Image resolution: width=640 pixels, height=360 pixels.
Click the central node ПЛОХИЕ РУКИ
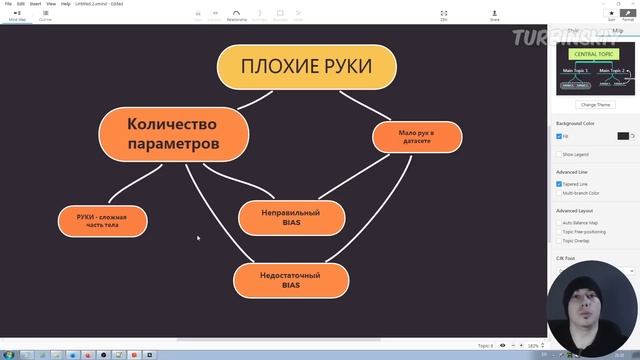coord(307,67)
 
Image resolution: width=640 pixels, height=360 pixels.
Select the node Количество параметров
coord(173,134)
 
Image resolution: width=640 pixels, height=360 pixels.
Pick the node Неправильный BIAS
coord(291,217)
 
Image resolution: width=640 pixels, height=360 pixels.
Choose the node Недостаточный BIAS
coord(291,280)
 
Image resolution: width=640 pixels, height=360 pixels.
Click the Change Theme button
coord(596,104)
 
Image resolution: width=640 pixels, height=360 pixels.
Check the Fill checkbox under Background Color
coord(559,136)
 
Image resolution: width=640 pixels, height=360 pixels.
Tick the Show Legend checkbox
coord(559,155)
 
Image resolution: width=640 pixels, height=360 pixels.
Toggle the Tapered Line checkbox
coord(559,184)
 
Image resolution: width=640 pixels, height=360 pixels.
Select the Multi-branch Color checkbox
coord(559,193)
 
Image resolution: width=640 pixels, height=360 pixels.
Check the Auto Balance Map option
coord(559,222)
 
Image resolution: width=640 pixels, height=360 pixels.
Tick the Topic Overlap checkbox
coord(559,241)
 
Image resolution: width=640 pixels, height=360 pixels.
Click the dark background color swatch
coord(623,136)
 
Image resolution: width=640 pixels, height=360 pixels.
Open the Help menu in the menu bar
coord(65,4)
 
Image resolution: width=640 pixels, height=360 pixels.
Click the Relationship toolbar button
coord(237,15)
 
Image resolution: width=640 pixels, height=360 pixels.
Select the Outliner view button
coord(45,15)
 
